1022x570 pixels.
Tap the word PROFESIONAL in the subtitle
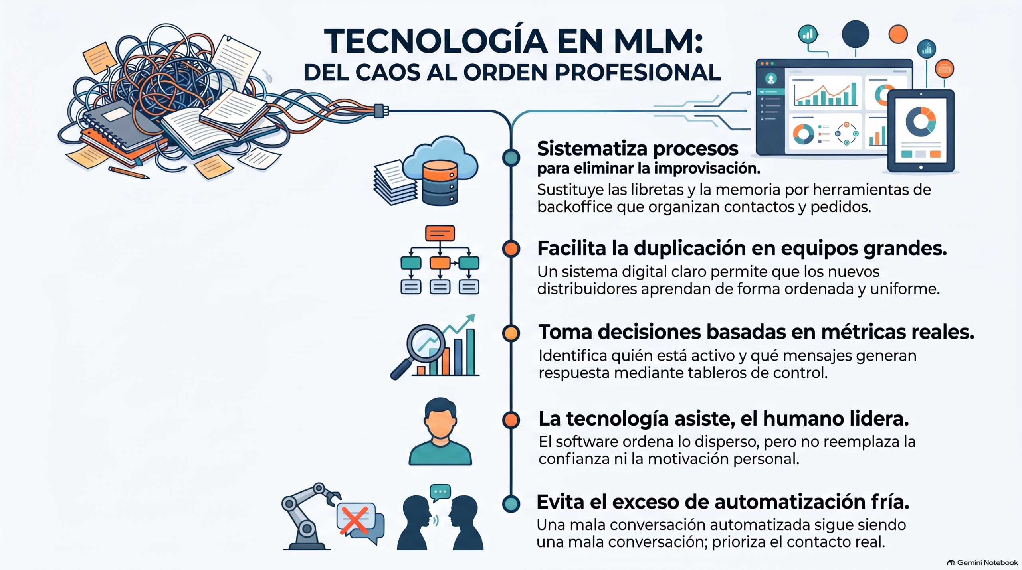638,72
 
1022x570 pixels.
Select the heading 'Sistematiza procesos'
638,149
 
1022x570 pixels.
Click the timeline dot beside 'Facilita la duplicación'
511,249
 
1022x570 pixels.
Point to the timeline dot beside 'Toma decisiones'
511,333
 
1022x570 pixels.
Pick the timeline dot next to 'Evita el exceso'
511,503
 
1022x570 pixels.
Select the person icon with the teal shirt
440,431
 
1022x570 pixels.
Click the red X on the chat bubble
354,520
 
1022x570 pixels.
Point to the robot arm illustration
309,516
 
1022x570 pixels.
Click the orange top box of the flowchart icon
440,233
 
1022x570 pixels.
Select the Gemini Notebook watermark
982,562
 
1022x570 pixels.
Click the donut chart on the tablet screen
921,121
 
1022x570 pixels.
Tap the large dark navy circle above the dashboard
856,34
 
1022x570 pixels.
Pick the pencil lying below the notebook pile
129,173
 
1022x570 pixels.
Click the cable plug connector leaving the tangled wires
381,110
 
